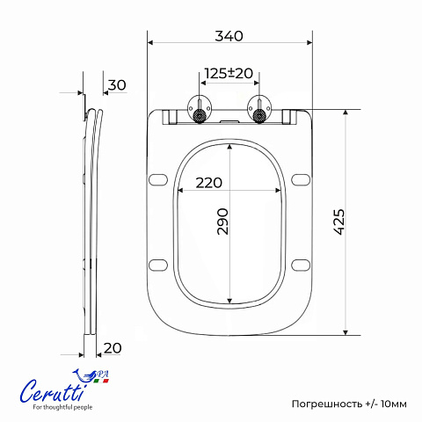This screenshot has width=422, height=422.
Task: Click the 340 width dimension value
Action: coord(229,36)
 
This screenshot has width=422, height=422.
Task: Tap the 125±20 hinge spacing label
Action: coord(229,73)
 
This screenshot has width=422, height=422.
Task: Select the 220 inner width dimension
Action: coord(209,183)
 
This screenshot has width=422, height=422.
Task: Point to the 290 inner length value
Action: coord(222,222)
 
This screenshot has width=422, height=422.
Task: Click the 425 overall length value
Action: coord(339,222)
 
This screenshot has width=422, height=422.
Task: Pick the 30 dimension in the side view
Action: coord(117,85)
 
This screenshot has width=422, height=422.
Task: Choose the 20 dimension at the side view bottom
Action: coord(113,348)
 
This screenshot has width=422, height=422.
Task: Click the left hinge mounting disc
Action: coord(200,109)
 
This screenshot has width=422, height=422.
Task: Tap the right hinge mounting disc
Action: coord(259,109)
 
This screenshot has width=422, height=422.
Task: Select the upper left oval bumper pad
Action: coord(158,180)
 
